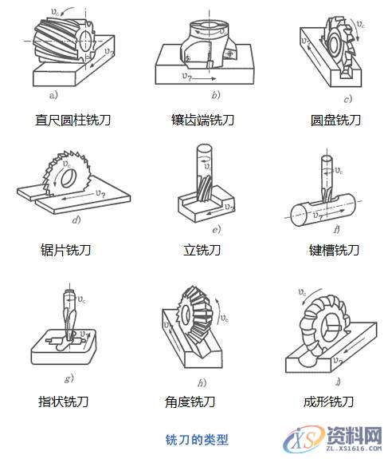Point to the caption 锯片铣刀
coord(65,250)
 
